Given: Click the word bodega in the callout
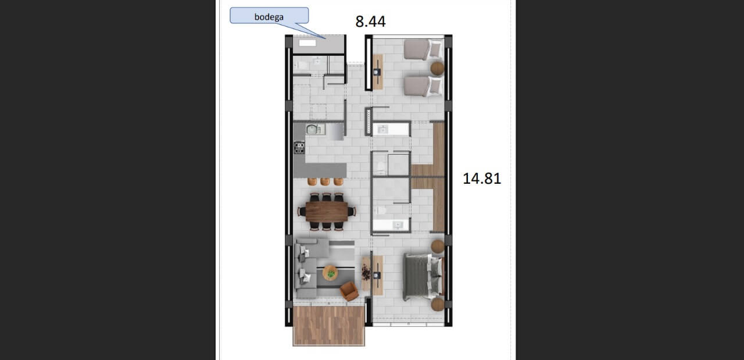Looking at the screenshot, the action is [269, 17].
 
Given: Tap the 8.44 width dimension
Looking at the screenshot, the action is [370, 22].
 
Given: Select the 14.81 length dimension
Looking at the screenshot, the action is [482, 179].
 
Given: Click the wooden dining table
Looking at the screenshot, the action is [327, 212].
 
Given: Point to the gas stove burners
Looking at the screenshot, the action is [299, 147].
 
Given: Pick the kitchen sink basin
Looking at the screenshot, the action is [313, 129].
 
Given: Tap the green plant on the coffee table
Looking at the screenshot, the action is [331, 273].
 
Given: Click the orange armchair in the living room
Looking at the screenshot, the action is [349, 291].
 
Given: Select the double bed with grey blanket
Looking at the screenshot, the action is [423, 276].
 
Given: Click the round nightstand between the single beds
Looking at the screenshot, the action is [437, 69].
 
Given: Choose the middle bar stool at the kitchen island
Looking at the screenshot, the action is [325, 181].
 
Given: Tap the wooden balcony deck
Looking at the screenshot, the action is [329, 326].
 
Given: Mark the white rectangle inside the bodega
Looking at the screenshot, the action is [307, 43].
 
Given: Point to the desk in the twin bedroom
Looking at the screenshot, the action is [378, 72].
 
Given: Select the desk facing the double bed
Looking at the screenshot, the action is [378, 275].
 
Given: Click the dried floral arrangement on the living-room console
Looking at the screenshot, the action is [366, 273].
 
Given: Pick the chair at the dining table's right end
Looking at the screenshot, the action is [352, 211].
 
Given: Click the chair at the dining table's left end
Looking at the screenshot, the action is [302, 212].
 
